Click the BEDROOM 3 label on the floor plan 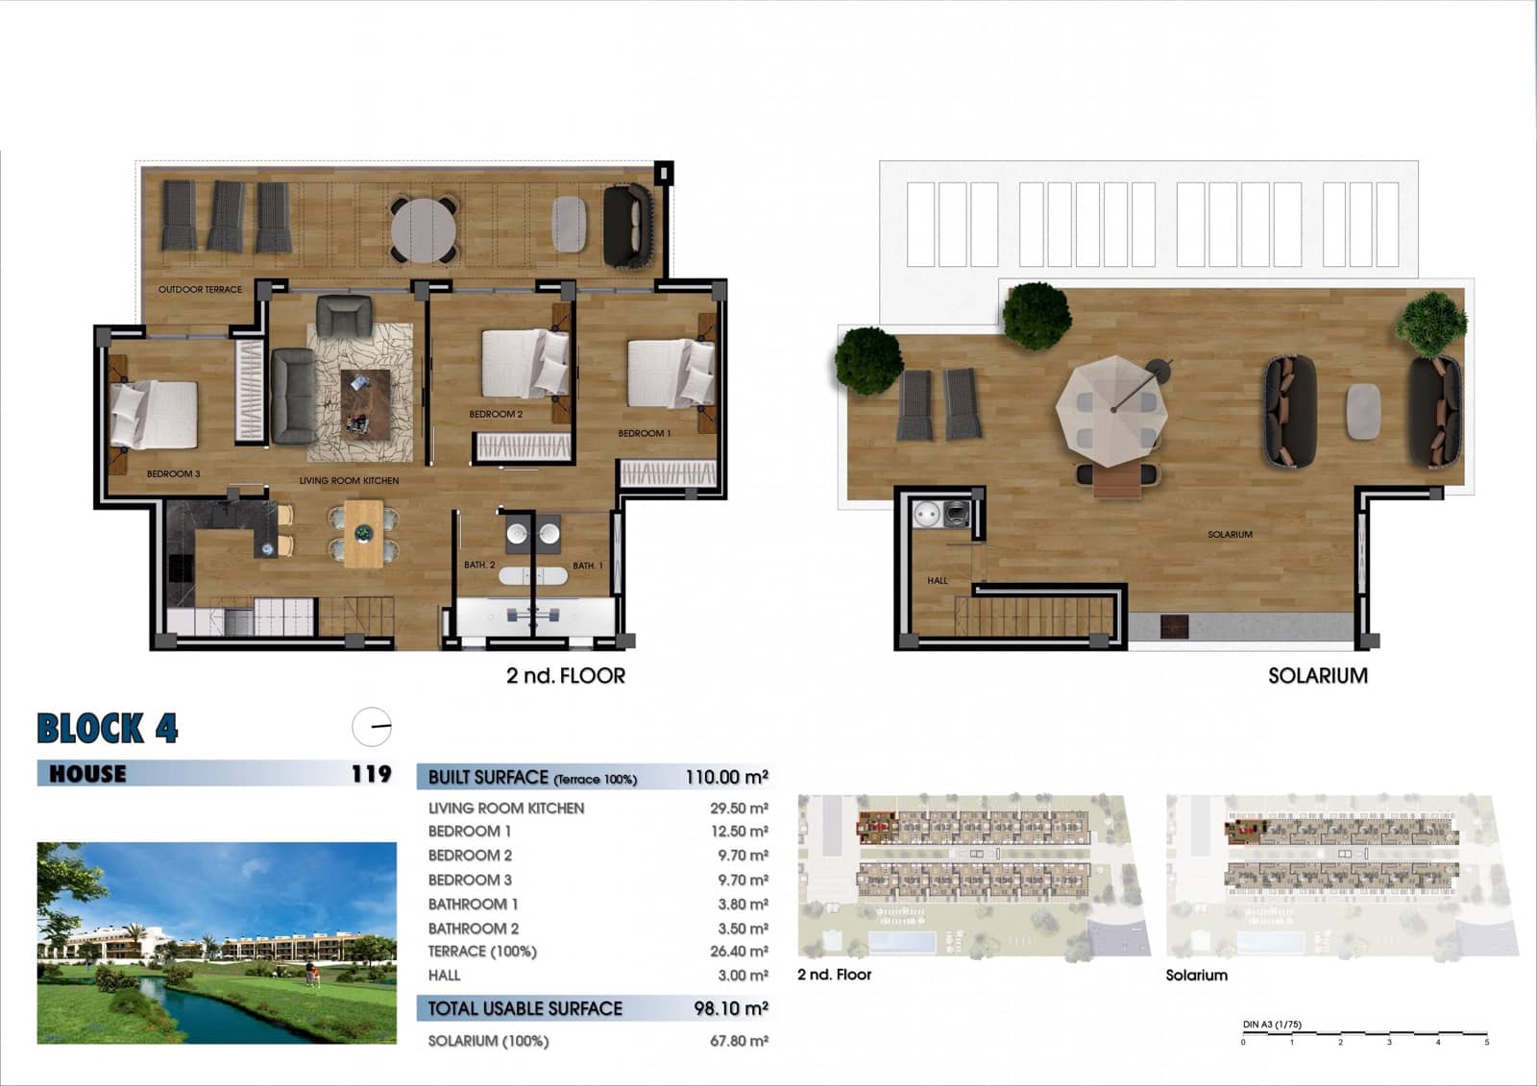coord(173,473)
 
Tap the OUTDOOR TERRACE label coord(200,289)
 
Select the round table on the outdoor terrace coord(424,229)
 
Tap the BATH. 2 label coord(478,565)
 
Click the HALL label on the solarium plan coord(938,580)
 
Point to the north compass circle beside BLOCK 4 coord(372,727)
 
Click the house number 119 coord(371,774)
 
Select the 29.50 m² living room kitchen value coord(739,808)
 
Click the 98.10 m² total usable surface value coord(731,1008)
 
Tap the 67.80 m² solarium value coord(739,1041)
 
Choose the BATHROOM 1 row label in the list coord(473,905)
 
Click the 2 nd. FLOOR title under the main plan coord(566,676)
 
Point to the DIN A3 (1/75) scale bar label coord(1272,1025)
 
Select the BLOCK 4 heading coord(108,729)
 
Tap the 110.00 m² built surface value coord(726,777)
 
